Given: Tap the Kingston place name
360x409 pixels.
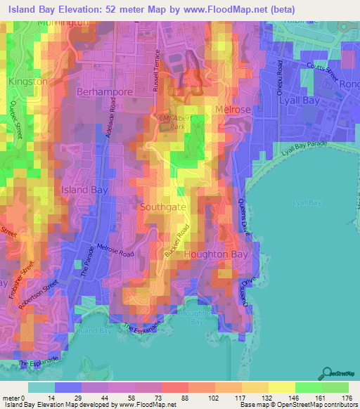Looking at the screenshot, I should pyautogui.click(x=28, y=82).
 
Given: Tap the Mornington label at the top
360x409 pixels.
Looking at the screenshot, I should pyautogui.click(x=60, y=22).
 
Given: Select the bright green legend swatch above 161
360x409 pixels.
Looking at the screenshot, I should pyautogui.click(x=308, y=387).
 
